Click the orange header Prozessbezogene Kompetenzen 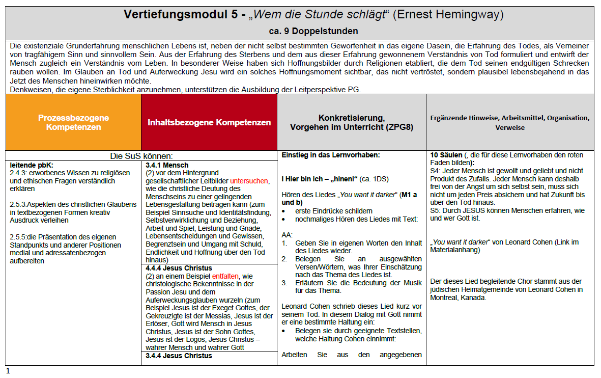click(x=73, y=122)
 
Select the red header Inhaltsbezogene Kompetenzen click(x=209, y=122)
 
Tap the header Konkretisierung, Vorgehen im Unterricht click(x=351, y=122)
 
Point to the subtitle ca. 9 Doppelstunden click(x=300, y=31)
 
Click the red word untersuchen click(x=249, y=181)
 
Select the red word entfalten click(x=225, y=276)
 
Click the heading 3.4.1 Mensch click(x=167, y=165)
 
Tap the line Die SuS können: click(x=141, y=156)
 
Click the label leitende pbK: click(x=32, y=165)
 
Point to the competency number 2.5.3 click(x=19, y=205)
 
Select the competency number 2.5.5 click(x=19, y=237)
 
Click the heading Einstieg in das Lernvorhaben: click(x=331, y=155)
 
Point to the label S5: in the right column click(x=436, y=210)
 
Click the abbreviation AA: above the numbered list click(x=287, y=235)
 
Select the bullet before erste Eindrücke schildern click(x=284, y=211)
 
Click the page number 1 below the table click(x=8, y=371)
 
